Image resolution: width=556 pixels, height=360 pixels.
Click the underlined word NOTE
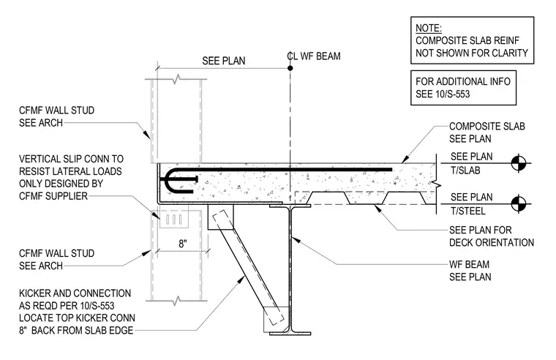(429, 28)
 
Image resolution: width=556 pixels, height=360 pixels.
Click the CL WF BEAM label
(313, 56)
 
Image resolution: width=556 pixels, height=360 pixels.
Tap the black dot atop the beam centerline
(290, 68)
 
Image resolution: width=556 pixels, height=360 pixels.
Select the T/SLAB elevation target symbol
(519, 163)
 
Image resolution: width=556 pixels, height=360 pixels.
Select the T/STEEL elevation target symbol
(519, 204)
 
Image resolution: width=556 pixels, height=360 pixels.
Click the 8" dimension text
(183, 244)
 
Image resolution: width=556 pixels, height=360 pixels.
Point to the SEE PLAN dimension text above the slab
(224, 61)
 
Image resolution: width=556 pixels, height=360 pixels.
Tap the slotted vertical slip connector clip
(173, 220)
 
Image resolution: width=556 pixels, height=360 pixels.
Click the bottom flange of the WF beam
(290, 334)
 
